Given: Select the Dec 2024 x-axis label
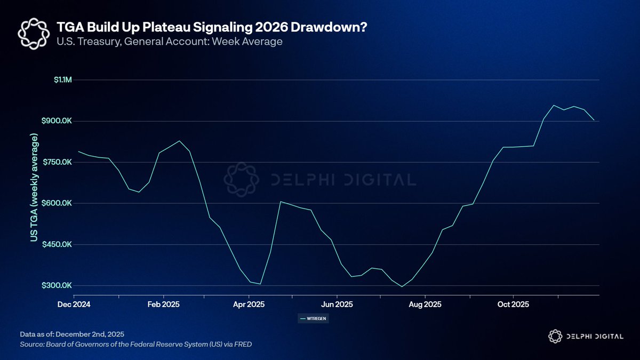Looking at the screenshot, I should point(74,305).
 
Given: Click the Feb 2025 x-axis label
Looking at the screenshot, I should point(163,305).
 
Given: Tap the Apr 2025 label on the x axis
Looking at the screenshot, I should point(249,305).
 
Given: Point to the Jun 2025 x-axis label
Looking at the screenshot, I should point(337,305).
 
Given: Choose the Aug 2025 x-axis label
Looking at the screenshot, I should point(425,305).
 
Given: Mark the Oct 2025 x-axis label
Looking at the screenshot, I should point(513,305).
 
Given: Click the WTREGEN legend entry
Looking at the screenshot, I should point(314,318).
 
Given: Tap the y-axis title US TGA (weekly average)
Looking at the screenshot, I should point(35,188).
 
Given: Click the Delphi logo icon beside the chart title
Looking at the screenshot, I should point(34,34).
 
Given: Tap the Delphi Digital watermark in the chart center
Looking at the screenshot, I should point(320,179).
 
